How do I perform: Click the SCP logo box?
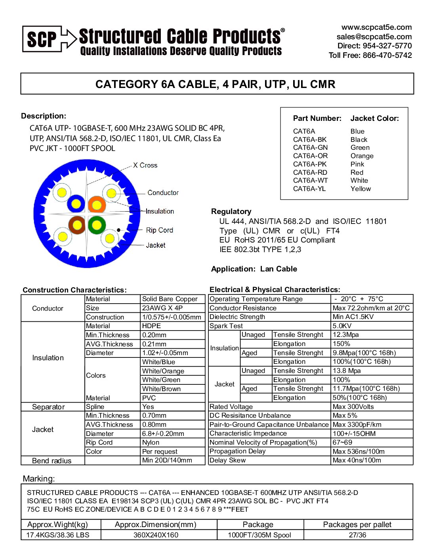pos(42,39)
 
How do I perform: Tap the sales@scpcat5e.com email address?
pos(374,36)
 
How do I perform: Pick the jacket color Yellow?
pos(360,189)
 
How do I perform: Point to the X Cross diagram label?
pos(145,165)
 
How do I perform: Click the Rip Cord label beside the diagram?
pos(159,230)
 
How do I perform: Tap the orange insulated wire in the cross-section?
pos(96,204)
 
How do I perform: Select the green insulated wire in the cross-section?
pos(96,225)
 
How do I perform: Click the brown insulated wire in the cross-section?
pos(77,225)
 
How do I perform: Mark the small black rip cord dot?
pos(118,230)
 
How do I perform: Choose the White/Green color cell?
pos(161,380)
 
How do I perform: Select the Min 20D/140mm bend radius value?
pos(167,461)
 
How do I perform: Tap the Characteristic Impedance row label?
pos(248,434)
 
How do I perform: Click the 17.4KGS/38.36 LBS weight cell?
pos(58,535)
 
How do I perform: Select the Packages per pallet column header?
pos(357,525)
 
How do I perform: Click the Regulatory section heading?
pos(231,211)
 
